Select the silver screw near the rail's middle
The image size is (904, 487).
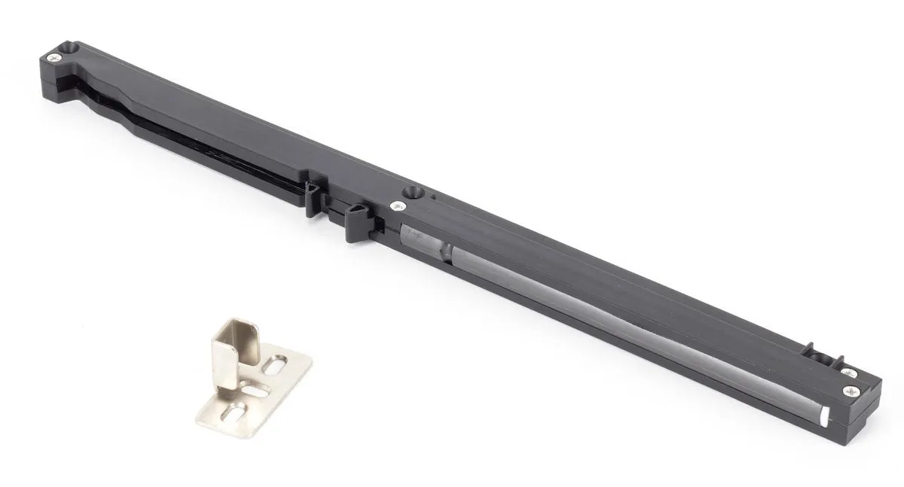[395, 204]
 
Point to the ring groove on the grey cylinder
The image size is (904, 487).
[447, 251]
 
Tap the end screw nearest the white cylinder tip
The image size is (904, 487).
[851, 390]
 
